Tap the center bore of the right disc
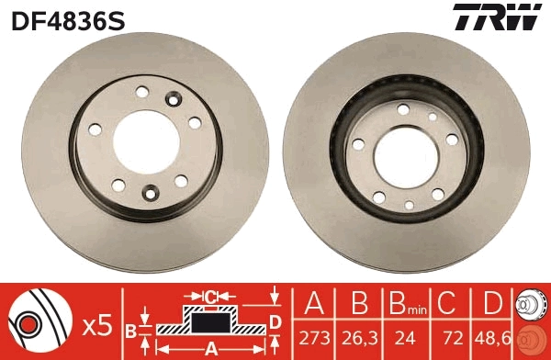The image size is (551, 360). (404, 152)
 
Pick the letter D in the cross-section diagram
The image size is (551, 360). (274, 320)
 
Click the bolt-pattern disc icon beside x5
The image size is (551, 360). (39, 321)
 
